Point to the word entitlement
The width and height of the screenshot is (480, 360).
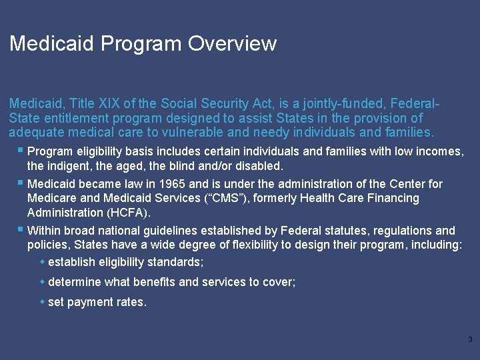pos(73,118)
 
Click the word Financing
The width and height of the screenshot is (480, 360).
pos(393,198)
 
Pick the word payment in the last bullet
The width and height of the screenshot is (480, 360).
pos(87,302)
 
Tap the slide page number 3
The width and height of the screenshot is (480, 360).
pos(470,340)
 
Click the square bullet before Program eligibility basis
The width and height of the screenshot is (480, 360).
pos(22,150)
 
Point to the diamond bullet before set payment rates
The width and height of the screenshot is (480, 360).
pos(43,301)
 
